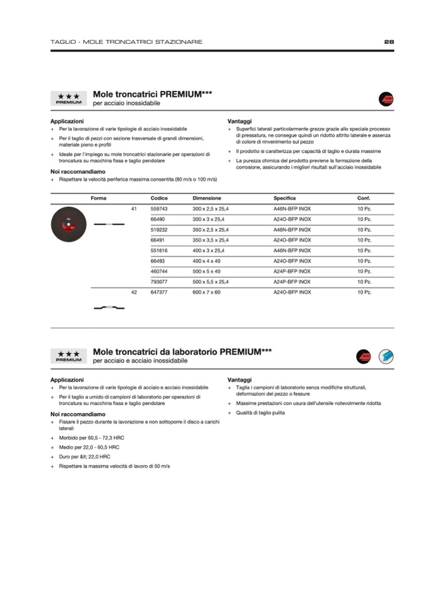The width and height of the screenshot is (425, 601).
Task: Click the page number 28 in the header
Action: [389, 42]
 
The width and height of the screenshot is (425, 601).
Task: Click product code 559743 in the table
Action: [159, 208]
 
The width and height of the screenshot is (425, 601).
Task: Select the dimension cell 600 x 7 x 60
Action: [207, 292]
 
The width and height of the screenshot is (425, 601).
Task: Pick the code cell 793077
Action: [159, 281]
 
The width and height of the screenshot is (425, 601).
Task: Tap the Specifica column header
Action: [285, 198]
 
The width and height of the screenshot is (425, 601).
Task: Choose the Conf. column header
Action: [364, 198]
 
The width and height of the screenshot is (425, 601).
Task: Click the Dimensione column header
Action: [207, 198]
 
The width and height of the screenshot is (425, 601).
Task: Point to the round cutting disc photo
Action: [68, 224]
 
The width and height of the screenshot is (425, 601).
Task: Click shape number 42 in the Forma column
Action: [134, 292]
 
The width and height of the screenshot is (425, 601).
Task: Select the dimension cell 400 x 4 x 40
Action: [207, 261]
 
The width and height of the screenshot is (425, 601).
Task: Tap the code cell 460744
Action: [159, 271]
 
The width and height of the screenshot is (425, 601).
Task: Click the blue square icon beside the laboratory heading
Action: [386, 357]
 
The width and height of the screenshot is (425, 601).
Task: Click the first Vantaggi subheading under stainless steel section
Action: [240, 120]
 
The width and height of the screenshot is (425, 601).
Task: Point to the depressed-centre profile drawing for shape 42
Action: [109, 307]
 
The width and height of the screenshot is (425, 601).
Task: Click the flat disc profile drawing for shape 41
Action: [109, 224]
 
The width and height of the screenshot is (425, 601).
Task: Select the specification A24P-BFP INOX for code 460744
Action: [292, 271]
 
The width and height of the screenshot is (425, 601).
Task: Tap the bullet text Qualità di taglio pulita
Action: [260, 413]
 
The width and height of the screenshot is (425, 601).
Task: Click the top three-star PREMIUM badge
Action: [68, 98]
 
